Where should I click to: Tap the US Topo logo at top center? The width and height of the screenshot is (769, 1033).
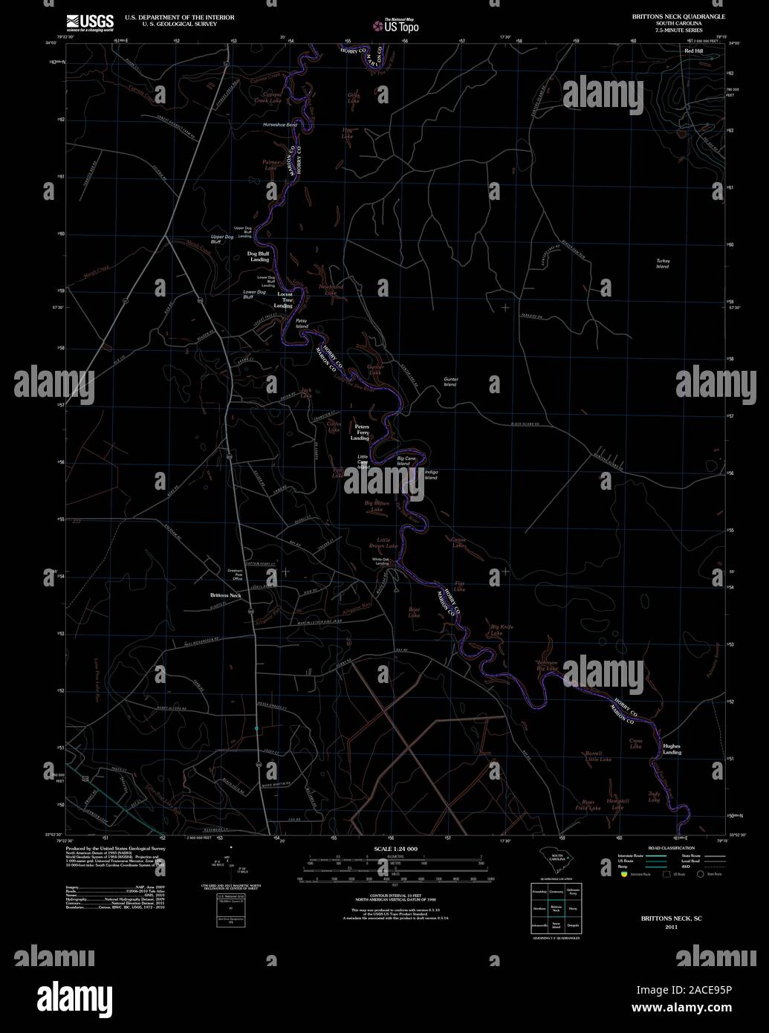pos(395,25)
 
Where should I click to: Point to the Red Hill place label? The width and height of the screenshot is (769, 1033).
pos(692,51)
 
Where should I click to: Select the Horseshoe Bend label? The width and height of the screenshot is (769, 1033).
pos(279,125)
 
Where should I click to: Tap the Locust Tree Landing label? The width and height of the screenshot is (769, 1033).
pos(283,299)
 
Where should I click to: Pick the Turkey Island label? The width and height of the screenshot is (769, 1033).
pos(663,264)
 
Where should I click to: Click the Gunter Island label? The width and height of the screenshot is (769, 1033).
pos(451,382)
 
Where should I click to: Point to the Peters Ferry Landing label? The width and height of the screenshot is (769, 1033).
pos(361,433)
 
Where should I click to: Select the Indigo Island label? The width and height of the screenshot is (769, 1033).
pos(431,475)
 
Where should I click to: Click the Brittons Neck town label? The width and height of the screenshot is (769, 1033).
pos(225,596)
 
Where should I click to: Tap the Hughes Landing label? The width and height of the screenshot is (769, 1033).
pos(672,749)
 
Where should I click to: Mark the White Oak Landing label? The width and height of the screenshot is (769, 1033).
pos(381,561)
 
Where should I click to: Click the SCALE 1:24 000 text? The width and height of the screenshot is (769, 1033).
pos(395,849)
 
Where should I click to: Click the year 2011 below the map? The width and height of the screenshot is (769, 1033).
pos(672,927)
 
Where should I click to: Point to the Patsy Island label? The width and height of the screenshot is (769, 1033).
pos(302,324)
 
